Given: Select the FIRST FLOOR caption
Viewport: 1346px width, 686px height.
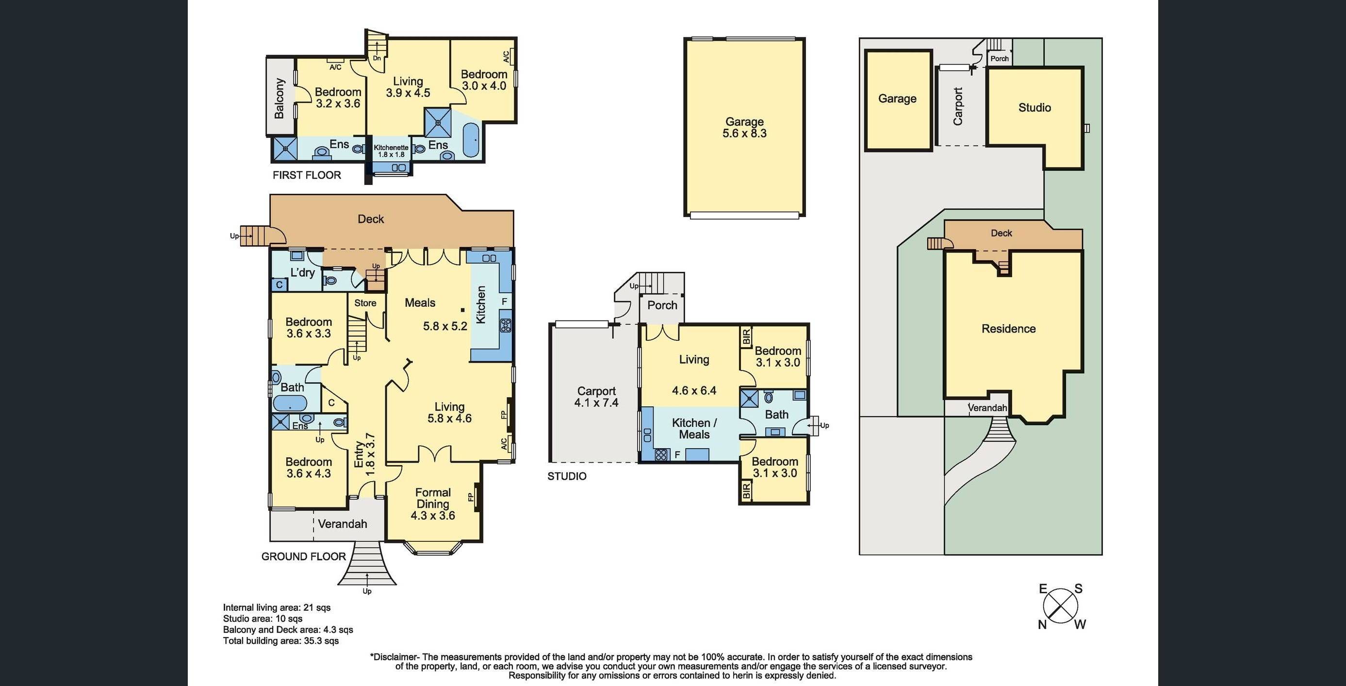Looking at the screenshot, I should click(x=307, y=175).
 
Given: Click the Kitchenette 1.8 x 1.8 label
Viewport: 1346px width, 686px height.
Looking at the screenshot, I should click(x=391, y=151).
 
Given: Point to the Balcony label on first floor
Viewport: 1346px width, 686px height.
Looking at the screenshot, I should click(x=279, y=98).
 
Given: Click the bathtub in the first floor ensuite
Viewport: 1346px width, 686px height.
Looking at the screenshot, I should click(x=471, y=140).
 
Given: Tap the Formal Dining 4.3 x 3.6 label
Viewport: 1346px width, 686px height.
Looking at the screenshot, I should click(x=433, y=503).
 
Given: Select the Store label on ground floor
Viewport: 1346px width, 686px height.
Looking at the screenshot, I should click(x=365, y=303).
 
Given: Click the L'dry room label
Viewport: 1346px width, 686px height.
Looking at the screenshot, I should click(x=303, y=272).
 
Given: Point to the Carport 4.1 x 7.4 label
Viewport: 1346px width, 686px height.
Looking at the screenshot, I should click(x=596, y=397).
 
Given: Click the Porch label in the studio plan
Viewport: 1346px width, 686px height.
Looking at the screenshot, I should click(x=662, y=305).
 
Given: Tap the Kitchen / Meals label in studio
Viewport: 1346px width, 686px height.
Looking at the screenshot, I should click(x=694, y=428).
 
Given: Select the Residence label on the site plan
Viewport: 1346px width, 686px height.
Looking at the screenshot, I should click(x=1008, y=329).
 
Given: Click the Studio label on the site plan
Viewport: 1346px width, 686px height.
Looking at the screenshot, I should click(x=1034, y=108).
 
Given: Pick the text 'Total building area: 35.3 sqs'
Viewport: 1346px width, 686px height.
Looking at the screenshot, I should click(x=280, y=641).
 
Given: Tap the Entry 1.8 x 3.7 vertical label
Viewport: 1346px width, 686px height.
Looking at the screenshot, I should click(x=364, y=454).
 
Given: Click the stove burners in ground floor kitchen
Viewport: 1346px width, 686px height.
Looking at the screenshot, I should click(x=505, y=325).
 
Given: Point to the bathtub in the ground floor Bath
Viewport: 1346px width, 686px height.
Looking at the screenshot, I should click(x=290, y=403).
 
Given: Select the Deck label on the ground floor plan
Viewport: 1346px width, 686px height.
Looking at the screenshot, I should click(x=370, y=219).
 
